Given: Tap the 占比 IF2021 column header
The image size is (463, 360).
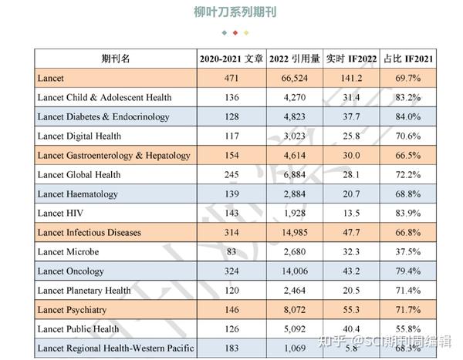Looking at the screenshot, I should coord(407,59).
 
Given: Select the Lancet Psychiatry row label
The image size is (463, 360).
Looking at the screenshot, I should coord(72,310).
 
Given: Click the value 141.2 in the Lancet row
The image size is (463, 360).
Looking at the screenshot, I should coord(351,79).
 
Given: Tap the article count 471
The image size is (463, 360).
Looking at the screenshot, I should coord(232,79).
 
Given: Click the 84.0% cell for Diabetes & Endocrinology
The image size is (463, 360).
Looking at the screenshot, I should coord(407,117).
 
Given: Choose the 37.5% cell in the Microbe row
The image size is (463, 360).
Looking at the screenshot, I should coord(407,252).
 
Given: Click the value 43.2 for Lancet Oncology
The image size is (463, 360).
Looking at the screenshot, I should coord(351,271).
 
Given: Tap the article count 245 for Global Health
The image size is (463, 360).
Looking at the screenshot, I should coord(232,175).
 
